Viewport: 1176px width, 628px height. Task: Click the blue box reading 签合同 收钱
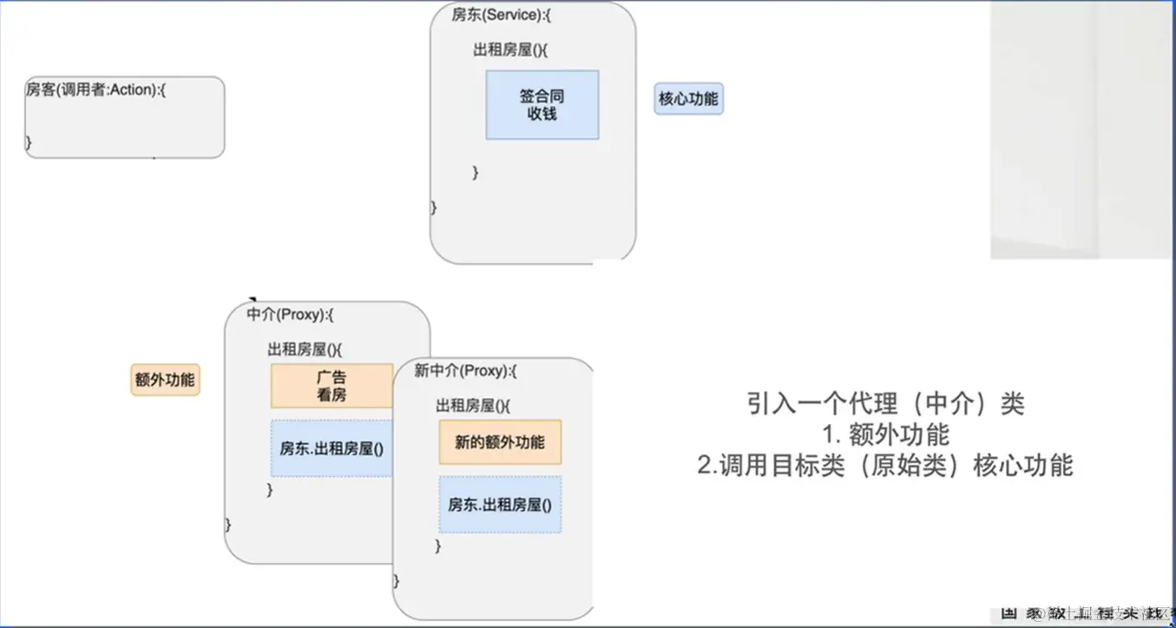tap(542, 105)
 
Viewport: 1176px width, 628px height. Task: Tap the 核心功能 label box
tap(688, 99)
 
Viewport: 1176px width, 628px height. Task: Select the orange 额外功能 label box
tap(165, 380)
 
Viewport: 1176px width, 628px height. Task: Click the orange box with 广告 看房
tap(332, 386)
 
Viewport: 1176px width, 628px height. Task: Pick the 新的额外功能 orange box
tap(500, 442)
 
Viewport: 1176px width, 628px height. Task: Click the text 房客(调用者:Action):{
tap(95, 89)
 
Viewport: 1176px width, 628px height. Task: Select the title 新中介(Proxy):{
tap(465, 371)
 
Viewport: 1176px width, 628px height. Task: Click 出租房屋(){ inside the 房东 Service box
tap(510, 50)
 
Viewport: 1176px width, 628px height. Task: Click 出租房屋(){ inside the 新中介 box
tap(473, 406)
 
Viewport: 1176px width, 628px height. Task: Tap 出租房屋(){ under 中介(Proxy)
tap(305, 349)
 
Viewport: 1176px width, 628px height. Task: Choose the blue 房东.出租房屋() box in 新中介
tap(500, 504)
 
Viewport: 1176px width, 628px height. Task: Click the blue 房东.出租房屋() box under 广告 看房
tap(332, 448)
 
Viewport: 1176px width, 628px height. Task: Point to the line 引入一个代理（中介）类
tap(885, 404)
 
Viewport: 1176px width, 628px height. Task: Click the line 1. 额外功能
tap(885, 434)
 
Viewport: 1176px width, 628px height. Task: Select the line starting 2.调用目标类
tap(885, 466)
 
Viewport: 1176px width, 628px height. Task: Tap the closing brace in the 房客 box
tap(29, 141)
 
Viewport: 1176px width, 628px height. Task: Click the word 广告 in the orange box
tap(332, 378)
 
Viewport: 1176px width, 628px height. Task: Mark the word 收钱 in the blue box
tap(542, 114)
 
